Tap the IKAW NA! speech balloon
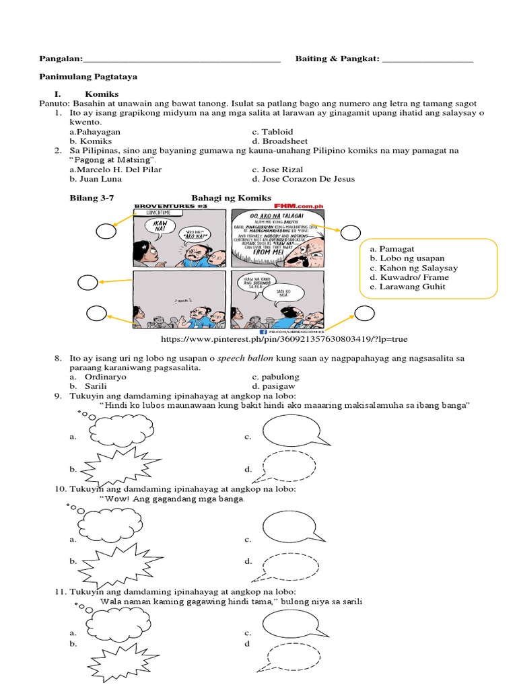160,227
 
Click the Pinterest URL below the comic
283,339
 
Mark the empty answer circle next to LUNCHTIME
105,232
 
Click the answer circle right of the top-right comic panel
350,233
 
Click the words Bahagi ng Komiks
232,198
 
